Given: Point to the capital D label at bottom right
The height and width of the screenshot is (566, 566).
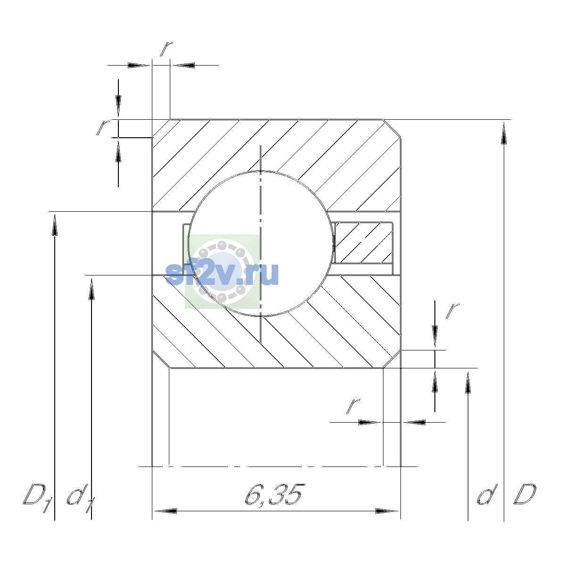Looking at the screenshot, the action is click(524, 494).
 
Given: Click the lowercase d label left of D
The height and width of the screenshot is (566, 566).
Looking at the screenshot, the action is click(488, 494).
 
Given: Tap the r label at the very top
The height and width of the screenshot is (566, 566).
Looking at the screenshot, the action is click(166, 49).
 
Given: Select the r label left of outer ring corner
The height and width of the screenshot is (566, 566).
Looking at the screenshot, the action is click(103, 127).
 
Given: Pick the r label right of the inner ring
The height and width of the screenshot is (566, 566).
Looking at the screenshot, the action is click(452, 311).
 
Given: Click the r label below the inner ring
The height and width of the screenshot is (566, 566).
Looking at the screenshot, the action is click(353, 407).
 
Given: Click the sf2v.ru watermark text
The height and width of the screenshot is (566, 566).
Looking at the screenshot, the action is click(222, 274).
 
